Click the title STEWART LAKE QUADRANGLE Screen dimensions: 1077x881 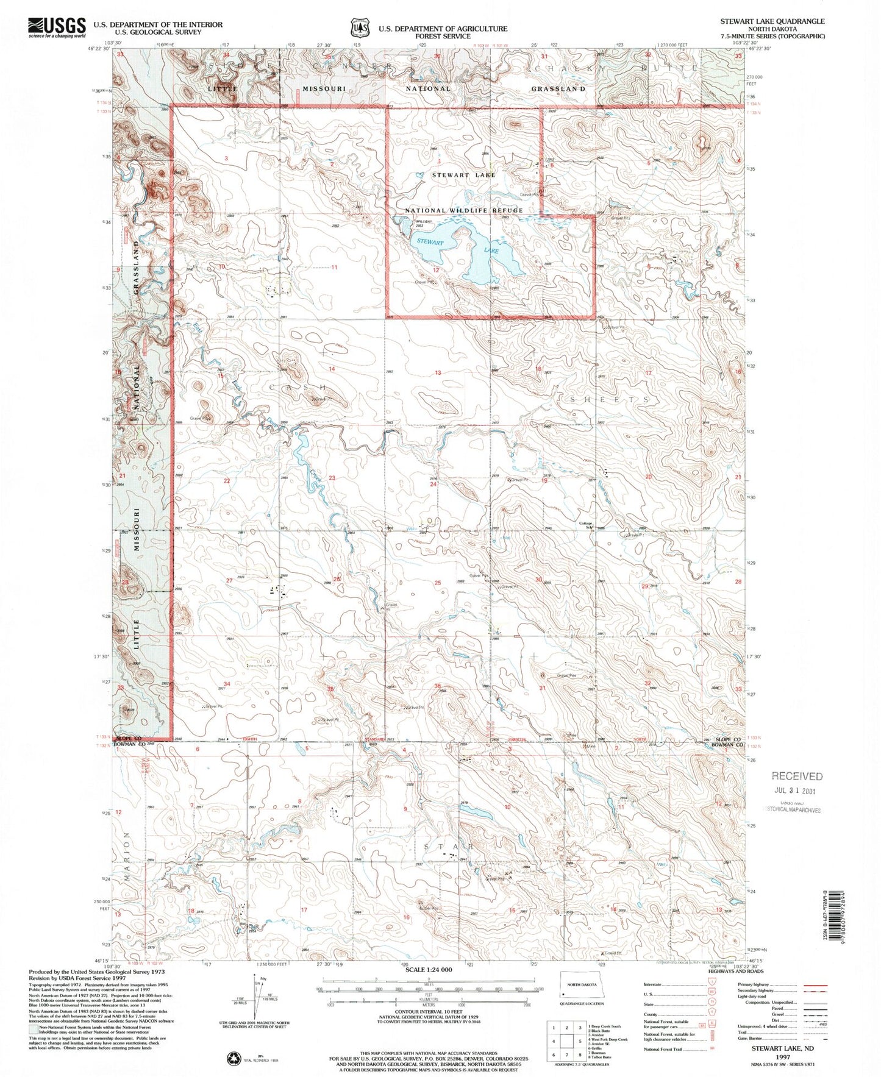[x=772, y=21]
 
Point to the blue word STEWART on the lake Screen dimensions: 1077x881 [x=430, y=242]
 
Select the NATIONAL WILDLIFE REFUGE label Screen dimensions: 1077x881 [x=464, y=211]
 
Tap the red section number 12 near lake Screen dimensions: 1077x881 [x=436, y=269]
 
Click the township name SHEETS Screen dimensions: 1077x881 [x=609, y=399]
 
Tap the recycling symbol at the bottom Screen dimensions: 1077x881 [x=234, y=1059]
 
